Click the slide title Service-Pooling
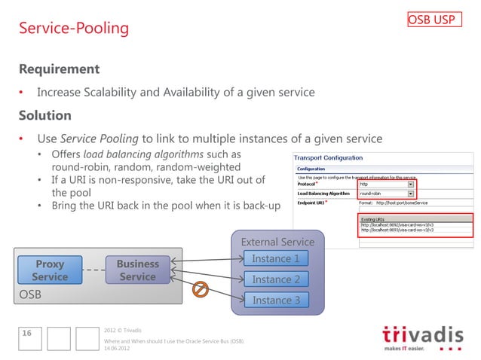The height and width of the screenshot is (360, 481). (74, 29)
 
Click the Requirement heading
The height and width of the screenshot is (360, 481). (59, 69)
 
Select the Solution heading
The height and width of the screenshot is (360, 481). (45, 116)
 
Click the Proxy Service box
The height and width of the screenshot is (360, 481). (50, 270)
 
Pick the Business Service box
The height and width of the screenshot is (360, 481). (137, 270)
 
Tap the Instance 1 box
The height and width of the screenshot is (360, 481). (275, 258)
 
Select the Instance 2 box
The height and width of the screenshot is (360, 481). (275, 279)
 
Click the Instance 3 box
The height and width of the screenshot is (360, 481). (275, 300)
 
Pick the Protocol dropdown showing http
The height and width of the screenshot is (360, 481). (387, 183)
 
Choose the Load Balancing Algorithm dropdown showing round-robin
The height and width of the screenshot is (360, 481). (387, 193)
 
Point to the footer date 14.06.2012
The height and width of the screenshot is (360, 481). (120, 349)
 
